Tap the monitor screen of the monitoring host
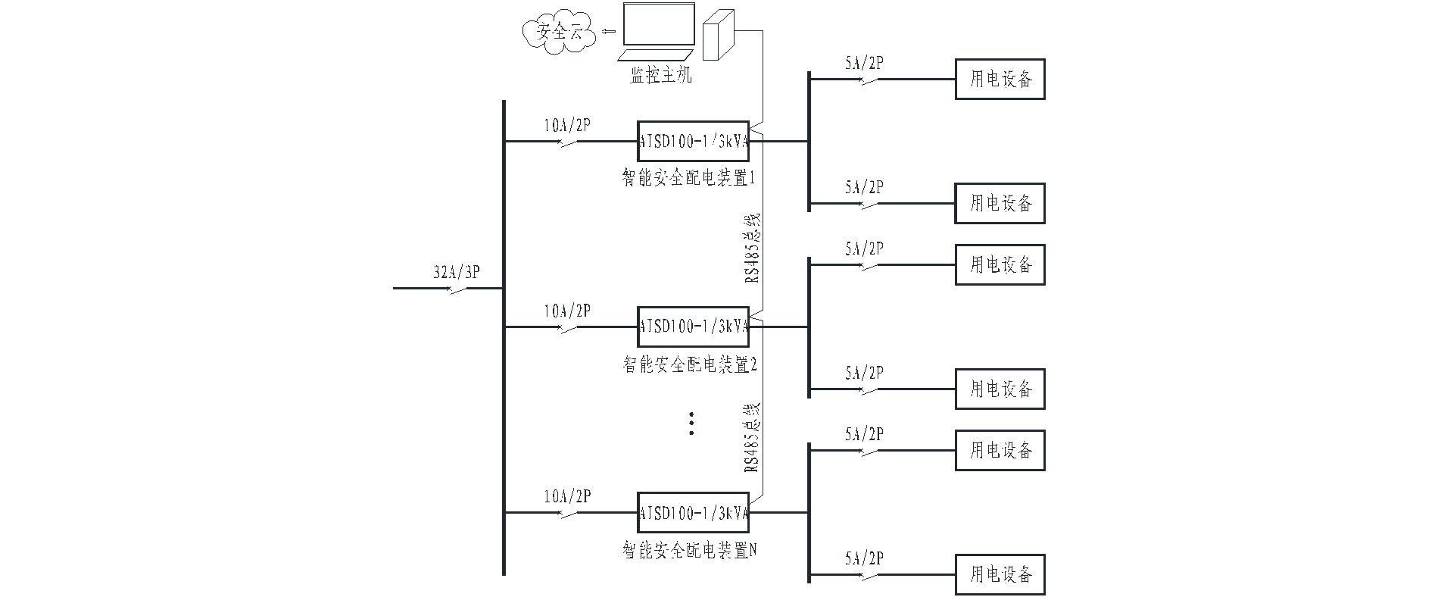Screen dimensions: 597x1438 [658, 25]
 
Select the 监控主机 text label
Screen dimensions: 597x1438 [661, 76]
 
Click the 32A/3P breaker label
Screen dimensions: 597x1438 [457, 273]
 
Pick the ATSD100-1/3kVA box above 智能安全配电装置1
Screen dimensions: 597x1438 [693, 141]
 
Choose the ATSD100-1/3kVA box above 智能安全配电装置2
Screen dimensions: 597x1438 [693, 327]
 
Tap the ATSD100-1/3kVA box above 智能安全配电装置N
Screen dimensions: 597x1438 [693, 513]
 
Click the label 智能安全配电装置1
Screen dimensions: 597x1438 [690, 179]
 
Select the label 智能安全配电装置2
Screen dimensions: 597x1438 [690, 364]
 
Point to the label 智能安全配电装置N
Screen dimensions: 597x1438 [690, 550]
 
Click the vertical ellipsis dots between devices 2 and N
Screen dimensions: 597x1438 [692, 424]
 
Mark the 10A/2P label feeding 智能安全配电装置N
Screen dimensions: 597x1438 [567, 497]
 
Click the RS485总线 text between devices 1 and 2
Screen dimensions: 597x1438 [753, 248]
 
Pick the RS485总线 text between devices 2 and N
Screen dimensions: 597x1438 [753, 438]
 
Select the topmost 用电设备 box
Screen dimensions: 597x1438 [1000, 79]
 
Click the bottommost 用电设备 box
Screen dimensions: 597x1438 [1000, 574]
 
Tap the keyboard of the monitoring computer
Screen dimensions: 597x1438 [656, 56]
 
